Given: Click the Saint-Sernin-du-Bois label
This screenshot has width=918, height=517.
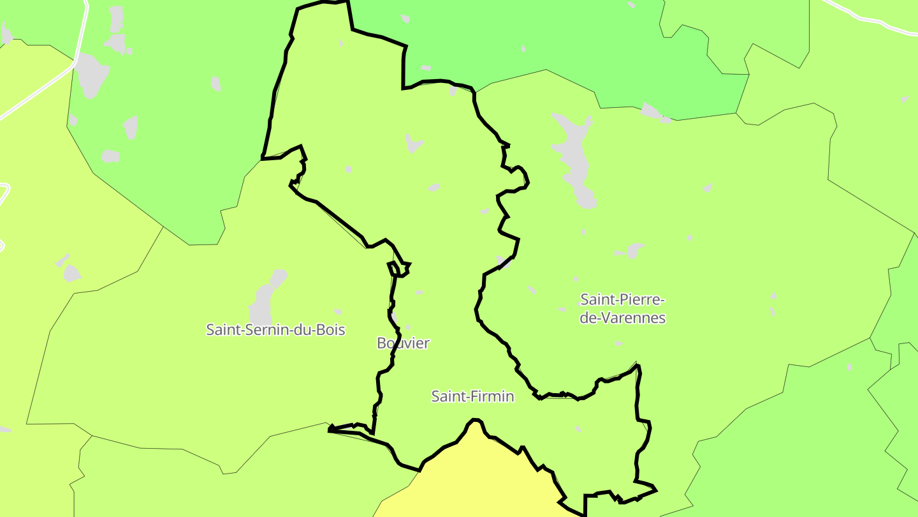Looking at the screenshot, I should [x=275, y=330].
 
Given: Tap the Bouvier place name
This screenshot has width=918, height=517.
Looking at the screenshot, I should [x=403, y=343].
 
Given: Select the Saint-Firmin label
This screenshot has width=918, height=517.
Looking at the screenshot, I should [x=472, y=396].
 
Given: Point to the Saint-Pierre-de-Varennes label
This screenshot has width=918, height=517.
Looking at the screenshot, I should [x=623, y=308].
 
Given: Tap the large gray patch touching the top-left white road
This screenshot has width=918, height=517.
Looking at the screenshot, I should [x=91, y=75].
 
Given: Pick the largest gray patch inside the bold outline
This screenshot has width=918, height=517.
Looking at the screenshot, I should [x=414, y=144].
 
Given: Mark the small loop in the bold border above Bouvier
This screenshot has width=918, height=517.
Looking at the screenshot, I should [x=399, y=269].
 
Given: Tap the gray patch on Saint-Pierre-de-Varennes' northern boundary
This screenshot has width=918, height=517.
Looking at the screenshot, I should [x=653, y=112].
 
